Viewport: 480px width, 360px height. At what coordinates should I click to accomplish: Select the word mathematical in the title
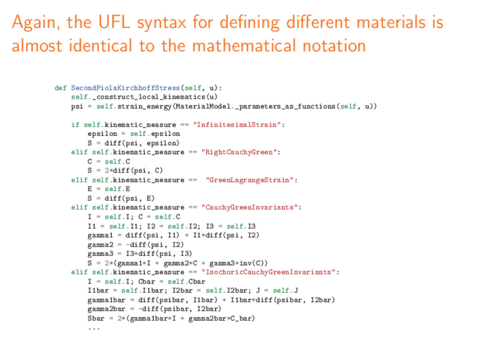click(x=243, y=45)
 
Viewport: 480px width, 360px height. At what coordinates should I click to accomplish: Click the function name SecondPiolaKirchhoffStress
click(x=125, y=88)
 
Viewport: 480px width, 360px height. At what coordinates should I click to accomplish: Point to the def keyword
click(x=60, y=88)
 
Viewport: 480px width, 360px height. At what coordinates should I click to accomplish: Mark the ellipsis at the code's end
click(x=93, y=328)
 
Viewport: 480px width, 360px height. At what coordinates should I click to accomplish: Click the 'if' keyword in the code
click(x=75, y=125)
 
